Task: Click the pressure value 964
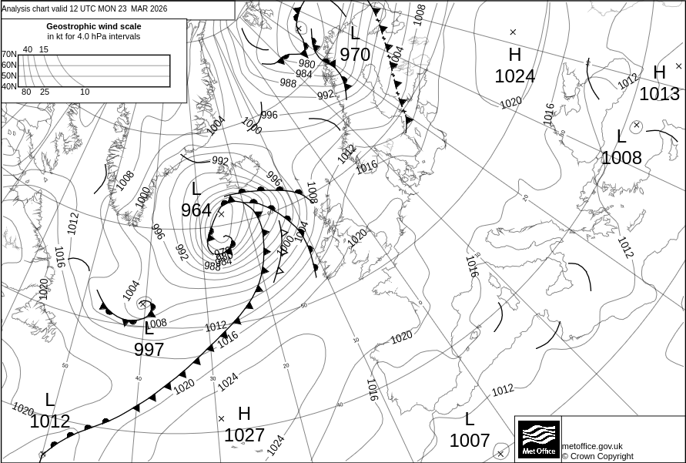[196, 210]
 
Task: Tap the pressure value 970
[355, 55]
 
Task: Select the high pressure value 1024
[514, 76]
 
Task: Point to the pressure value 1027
[244, 435]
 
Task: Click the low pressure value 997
[149, 350]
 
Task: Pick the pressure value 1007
[470, 441]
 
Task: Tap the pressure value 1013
[659, 94]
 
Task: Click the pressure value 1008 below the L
[621, 158]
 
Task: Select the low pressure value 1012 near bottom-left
[50, 421]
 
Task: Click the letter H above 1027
[244, 414]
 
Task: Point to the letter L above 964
[196, 189]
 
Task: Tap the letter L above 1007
[470, 420]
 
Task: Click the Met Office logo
[538, 438]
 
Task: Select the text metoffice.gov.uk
[592, 446]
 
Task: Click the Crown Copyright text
[597, 456]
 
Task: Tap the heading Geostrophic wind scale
[94, 26]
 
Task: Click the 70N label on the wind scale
[8, 54]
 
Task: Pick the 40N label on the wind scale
[8, 86]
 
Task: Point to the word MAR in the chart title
[139, 8]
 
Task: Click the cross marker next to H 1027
[222, 419]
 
